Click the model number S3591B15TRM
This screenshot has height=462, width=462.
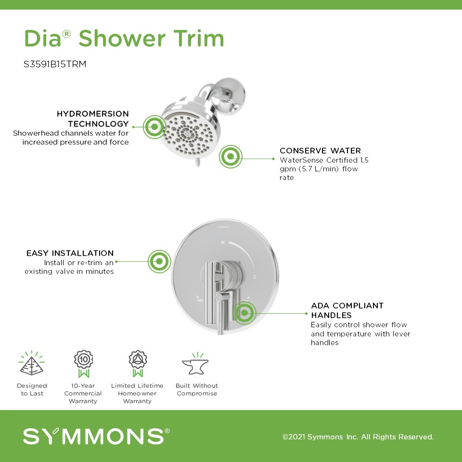coord(55,64)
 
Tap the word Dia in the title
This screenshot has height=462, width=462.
coord(43,38)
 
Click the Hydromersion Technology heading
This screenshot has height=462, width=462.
coord(93,119)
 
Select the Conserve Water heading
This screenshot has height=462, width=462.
coord(321,151)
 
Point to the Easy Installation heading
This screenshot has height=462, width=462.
coord(70,253)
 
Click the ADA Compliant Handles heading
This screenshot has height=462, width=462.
coord(347,310)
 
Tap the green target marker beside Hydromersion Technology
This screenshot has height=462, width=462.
coord(154,127)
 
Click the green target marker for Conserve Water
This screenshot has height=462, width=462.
coord(231,156)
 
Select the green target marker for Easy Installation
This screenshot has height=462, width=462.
coord(159,261)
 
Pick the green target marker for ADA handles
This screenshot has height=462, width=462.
coord(244,313)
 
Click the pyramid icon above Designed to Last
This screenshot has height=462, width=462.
coord(32,363)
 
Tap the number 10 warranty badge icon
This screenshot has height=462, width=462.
coord(84,364)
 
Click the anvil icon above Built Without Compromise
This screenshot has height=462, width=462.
coord(195,364)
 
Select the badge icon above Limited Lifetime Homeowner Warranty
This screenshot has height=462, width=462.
coord(138,364)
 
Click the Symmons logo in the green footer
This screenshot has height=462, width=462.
coord(96,436)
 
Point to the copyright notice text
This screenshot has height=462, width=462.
coord(358,436)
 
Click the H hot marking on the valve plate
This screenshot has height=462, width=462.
coord(223,242)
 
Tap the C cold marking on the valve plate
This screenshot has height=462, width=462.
coord(255,277)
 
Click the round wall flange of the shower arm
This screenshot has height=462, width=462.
coord(233,95)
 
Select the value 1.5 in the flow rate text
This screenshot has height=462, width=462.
coord(364,160)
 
